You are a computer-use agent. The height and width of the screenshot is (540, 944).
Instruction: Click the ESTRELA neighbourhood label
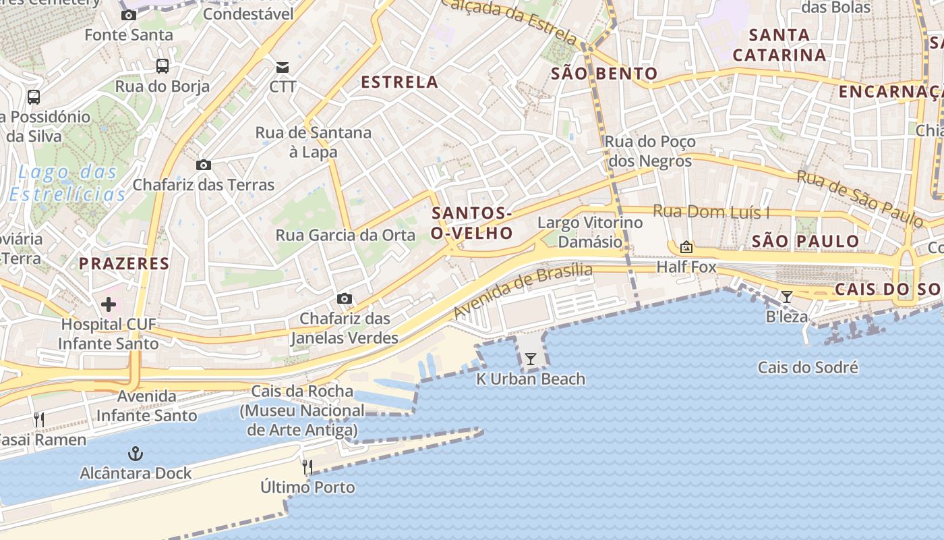pyautogui.click(x=399, y=82)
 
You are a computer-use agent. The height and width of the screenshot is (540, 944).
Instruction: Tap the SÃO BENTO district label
pyautogui.click(x=604, y=74)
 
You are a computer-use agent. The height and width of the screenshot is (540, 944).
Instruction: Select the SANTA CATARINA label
pyautogui.click(x=779, y=45)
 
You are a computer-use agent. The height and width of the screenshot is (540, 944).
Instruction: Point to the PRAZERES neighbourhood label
pyautogui.click(x=124, y=263)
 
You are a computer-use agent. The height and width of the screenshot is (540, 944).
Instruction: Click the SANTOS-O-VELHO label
pyautogui.click(x=472, y=223)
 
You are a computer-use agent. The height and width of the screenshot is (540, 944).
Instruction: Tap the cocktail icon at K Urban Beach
pyautogui.click(x=531, y=358)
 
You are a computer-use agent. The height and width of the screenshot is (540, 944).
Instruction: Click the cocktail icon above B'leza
pyautogui.click(x=786, y=296)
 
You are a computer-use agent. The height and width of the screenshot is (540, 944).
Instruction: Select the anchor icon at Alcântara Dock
pyautogui.click(x=136, y=453)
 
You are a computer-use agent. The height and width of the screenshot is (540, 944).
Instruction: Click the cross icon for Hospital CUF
pyautogui.click(x=109, y=304)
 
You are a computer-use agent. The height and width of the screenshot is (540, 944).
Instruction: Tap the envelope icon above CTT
pyautogui.click(x=283, y=67)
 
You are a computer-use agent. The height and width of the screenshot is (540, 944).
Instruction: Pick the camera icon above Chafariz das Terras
pyautogui.click(x=203, y=165)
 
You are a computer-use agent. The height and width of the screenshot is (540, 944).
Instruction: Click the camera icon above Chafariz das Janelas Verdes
pyautogui.click(x=344, y=298)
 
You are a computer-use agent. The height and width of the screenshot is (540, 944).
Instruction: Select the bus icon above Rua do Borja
pyautogui.click(x=163, y=65)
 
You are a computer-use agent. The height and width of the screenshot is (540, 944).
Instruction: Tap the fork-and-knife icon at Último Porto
pyautogui.click(x=307, y=466)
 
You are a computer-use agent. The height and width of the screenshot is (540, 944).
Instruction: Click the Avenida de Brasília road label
pyautogui.click(x=523, y=290)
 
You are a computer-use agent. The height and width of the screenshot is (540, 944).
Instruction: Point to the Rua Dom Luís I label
pyautogui.click(x=711, y=212)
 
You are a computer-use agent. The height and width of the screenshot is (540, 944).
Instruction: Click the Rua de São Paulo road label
pyautogui.click(x=860, y=198)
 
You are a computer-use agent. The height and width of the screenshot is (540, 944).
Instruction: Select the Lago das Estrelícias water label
pyautogui.click(x=67, y=184)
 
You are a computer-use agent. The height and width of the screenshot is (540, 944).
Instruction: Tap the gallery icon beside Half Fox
pyautogui.click(x=686, y=247)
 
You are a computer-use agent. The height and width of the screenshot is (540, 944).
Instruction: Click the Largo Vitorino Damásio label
pyautogui.click(x=590, y=232)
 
